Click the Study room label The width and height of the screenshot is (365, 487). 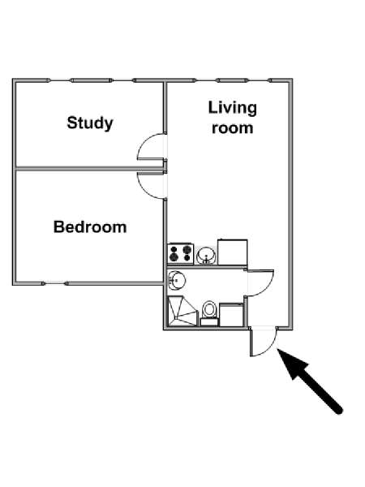pos(90,123)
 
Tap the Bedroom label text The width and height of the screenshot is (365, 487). pos(90,227)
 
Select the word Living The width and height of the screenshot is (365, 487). pos(233,109)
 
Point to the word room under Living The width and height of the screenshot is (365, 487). pos(233,128)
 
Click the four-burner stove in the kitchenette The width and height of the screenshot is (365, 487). pos(180,254)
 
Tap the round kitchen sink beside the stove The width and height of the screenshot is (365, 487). pos(206,256)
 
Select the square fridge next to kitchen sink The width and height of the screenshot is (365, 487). pos(233,252)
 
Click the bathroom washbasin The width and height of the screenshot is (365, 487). pos(176,280)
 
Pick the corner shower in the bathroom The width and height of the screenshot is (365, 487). pos(182,311)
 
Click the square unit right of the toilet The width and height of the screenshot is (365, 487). pos(231,315)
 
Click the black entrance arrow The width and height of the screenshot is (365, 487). pos(310,381)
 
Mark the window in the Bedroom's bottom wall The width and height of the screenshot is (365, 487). pos(55,283)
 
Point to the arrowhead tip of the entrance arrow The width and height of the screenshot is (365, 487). pos(277,349)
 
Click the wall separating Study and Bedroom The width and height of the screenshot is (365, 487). pos(89,169)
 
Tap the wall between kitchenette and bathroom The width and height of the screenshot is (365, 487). pos(207,267)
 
